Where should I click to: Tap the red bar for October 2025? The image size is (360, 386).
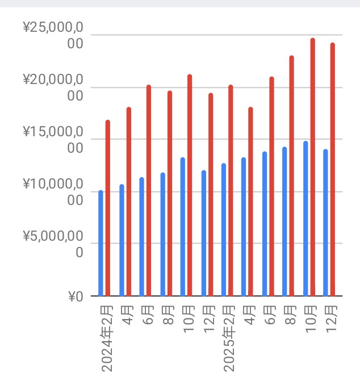(x=313, y=167)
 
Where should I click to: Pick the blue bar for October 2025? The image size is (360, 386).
(x=305, y=219)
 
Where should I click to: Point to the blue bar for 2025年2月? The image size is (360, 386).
(x=224, y=229)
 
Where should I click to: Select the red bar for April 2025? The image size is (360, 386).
(x=250, y=202)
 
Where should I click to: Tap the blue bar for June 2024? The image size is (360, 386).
(x=142, y=237)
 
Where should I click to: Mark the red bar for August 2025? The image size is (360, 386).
(x=292, y=176)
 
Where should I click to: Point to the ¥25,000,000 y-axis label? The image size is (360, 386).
(x=53, y=35)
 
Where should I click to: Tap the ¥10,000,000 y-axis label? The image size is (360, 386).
(x=53, y=191)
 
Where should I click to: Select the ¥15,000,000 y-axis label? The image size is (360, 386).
(x=53, y=139)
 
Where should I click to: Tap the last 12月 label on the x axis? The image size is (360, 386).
(x=332, y=321)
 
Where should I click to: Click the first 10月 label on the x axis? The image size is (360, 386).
(x=189, y=321)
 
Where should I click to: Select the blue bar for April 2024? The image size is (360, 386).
(x=122, y=240)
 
